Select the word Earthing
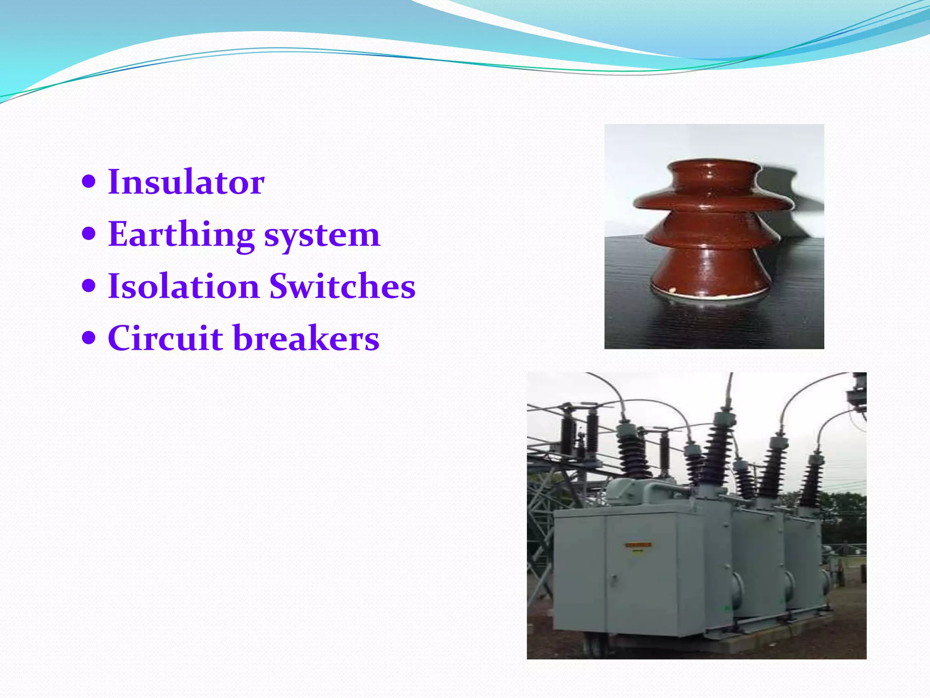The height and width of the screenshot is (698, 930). (x=181, y=234)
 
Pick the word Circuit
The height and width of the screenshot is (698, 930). (x=165, y=339)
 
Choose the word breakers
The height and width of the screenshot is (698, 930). (x=306, y=339)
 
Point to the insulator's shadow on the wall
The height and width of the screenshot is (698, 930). (x=790, y=191)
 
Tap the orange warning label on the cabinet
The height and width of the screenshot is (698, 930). (x=638, y=544)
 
